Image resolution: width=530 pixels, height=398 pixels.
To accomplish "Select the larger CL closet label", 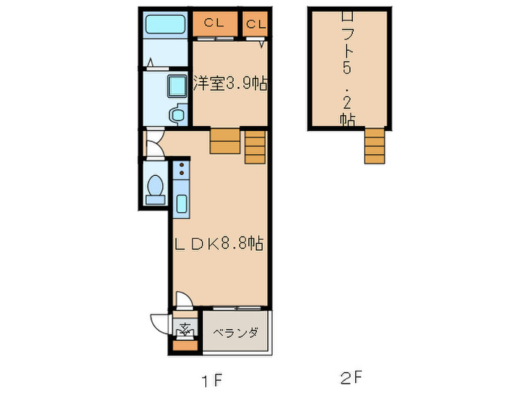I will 213,23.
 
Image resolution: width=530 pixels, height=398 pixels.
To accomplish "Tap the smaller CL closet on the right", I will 256,24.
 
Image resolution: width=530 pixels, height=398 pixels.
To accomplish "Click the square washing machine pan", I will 177,85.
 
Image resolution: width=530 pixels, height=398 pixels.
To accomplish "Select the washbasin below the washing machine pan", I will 176,115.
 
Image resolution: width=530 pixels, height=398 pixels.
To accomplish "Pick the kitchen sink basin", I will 182,203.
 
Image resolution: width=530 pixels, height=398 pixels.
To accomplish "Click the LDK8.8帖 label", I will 219,244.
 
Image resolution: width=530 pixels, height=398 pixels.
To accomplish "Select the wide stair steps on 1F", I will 225,142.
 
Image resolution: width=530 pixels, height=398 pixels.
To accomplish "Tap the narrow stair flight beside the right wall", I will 256,146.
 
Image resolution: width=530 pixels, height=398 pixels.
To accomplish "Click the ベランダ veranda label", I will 235,333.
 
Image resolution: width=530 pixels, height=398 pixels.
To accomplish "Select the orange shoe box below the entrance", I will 184,346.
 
